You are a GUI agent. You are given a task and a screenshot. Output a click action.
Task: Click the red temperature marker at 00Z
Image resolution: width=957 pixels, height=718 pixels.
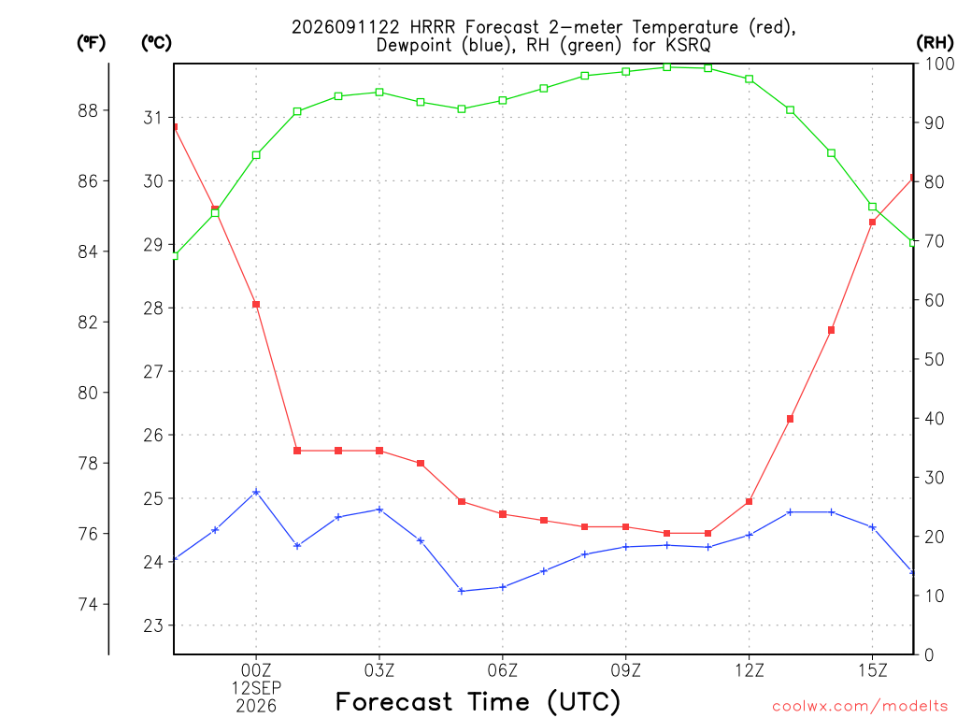[x=256, y=305]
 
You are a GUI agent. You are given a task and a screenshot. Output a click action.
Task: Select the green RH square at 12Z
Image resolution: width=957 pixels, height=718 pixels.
[x=750, y=79]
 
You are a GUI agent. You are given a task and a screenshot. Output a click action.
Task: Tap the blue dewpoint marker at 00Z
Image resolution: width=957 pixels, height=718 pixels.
[x=256, y=492]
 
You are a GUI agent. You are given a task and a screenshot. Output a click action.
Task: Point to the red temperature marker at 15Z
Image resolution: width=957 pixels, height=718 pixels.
[x=873, y=223]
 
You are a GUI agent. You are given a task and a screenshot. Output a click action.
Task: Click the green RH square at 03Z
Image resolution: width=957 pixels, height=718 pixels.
[x=379, y=93]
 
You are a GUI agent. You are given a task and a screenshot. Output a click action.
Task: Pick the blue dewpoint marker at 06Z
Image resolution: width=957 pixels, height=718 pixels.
[x=503, y=587]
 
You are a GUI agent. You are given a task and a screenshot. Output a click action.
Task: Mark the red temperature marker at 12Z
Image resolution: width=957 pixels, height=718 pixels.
[x=750, y=502]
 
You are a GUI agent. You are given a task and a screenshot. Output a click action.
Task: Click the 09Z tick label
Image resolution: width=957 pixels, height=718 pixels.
[x=625, y=670]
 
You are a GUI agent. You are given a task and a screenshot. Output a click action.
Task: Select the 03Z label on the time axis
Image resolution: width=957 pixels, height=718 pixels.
[x=379, y=670]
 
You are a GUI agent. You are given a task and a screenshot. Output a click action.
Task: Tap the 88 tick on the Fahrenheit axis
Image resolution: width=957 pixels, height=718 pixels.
[x=89, y=110]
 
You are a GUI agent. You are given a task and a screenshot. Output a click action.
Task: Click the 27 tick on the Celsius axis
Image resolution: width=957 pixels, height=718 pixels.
[x=153, y=371]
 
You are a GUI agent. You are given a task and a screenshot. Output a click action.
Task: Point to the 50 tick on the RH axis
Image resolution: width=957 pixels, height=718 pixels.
[x=934, y=360]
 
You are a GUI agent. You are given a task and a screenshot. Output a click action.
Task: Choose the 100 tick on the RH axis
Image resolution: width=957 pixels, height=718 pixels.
[x=939, y=64]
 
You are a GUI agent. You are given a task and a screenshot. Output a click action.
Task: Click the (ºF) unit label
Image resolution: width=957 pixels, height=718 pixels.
[x=91, y=43]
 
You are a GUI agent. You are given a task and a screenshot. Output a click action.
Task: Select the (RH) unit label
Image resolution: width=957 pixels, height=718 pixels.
[x=935, y=43]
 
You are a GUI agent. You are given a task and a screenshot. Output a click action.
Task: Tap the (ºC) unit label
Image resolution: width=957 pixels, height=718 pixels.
[x=156, y=43]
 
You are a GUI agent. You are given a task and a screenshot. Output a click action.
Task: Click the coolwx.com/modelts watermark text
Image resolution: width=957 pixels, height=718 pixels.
[x=860, y=706]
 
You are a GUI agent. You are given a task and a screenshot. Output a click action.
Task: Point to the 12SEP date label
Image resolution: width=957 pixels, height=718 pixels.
[x=256, y=688]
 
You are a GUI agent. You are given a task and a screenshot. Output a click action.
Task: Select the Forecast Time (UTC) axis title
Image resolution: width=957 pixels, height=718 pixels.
[x=478, y=701]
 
